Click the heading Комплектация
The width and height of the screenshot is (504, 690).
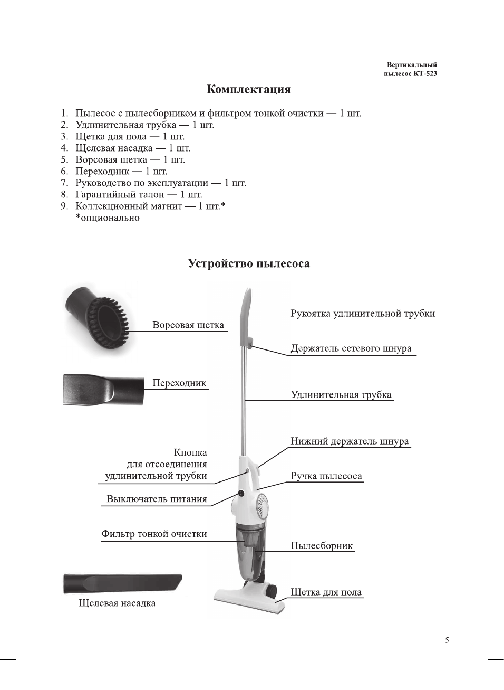point(248,89)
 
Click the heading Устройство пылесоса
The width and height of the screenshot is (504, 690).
point(249,263)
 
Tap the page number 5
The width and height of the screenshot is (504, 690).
point(447,640)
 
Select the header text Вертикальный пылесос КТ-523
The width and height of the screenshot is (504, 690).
point(411,69)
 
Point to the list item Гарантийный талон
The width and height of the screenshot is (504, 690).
point(139,194)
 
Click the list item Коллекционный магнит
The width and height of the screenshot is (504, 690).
point(150,206)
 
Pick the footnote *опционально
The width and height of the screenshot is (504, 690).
point(108,218)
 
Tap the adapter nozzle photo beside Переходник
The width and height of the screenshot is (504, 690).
point(103,390)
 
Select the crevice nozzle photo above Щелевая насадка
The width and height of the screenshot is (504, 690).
point(122,583)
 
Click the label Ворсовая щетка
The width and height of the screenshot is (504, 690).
point(188,325)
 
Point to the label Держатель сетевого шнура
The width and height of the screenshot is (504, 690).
point(351,348)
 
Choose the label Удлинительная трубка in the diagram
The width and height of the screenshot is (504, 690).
point(341,395)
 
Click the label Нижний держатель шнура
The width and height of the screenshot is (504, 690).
point(350,441)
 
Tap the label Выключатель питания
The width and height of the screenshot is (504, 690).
point(157,499)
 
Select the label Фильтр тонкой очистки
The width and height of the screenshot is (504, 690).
point(154,534)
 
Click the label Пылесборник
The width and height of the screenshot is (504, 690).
point(322,546)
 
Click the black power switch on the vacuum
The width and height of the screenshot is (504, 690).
point(241,493)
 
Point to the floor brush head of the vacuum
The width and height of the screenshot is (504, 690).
point(248,599)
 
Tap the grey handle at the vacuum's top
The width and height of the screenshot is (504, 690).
point(246,317)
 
